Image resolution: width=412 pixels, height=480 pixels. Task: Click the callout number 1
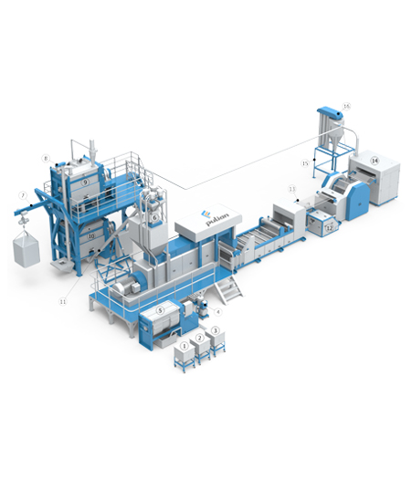[x=185, y=346]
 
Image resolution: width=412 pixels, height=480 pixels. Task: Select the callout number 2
[x=200, y=339]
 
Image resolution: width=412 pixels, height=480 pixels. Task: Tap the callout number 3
[x=216, y=330]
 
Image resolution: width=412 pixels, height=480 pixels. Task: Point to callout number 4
[x=217, y=310]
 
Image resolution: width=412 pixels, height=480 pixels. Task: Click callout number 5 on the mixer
[x=160, y=310]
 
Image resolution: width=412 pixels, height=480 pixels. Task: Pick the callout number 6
[x=156, y=217]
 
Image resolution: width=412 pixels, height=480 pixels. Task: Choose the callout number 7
[x=22, y=194]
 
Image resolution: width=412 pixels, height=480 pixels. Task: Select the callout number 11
[x=63, y=300]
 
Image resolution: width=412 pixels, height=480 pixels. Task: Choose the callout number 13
[x=292, y=188]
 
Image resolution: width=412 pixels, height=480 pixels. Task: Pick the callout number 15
[x=306, y=162]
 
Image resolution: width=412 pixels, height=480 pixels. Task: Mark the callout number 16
[x=346, y=106]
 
